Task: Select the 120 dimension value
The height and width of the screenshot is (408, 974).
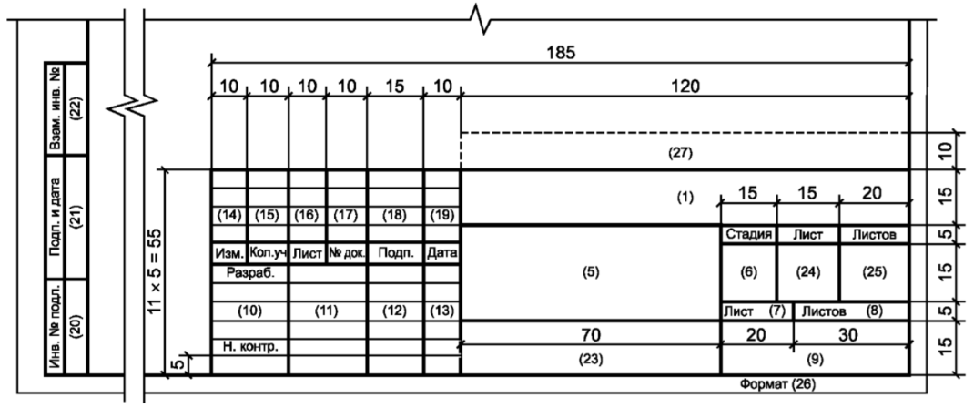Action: (x=685, y=87)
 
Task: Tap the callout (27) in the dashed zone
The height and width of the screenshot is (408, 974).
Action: (x=680, y=153)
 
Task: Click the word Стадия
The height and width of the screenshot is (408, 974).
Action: (x=748, y=235)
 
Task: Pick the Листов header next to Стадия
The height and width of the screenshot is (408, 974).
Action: (x=873, y=235)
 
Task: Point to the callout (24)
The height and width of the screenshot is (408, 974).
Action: (x=808, y=272)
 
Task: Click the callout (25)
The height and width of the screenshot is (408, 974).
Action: (x=874, y=272)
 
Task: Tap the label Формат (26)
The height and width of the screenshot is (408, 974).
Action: (x=777, y=384)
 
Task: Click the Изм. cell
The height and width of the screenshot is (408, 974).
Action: (x=229, y=253)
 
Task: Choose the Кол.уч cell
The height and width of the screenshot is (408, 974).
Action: (x=268, y=253)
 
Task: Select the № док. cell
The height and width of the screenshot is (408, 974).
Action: (x=347, y=253)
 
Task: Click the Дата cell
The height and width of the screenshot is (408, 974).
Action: (x=441, y=253)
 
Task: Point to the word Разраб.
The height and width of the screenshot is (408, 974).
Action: (x=250, y=272)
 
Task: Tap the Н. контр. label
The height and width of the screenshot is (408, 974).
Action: (x=249, y=346)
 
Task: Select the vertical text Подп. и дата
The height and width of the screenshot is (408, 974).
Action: (x=56, y=218)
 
